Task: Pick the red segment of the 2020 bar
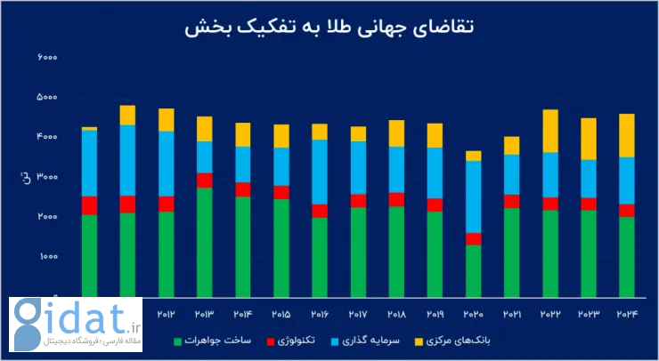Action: coord(473,239)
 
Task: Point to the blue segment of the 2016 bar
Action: coord(319,172)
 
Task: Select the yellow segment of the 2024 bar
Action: coord(626,135)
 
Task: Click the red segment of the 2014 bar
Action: coord(242,189)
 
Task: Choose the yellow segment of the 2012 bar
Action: coord(166,120)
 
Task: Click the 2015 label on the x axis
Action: coord(281,315)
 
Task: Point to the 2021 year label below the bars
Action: coord(511,315)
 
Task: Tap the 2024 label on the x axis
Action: coord(626,315)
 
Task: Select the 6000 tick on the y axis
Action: coord(47,58)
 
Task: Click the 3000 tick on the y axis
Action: coord(47,178)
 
